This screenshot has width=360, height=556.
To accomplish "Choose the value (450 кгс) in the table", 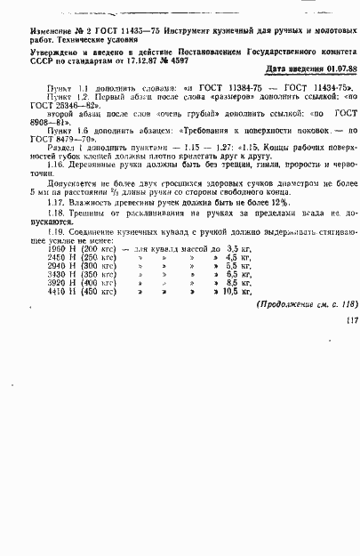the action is pos(98,291).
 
